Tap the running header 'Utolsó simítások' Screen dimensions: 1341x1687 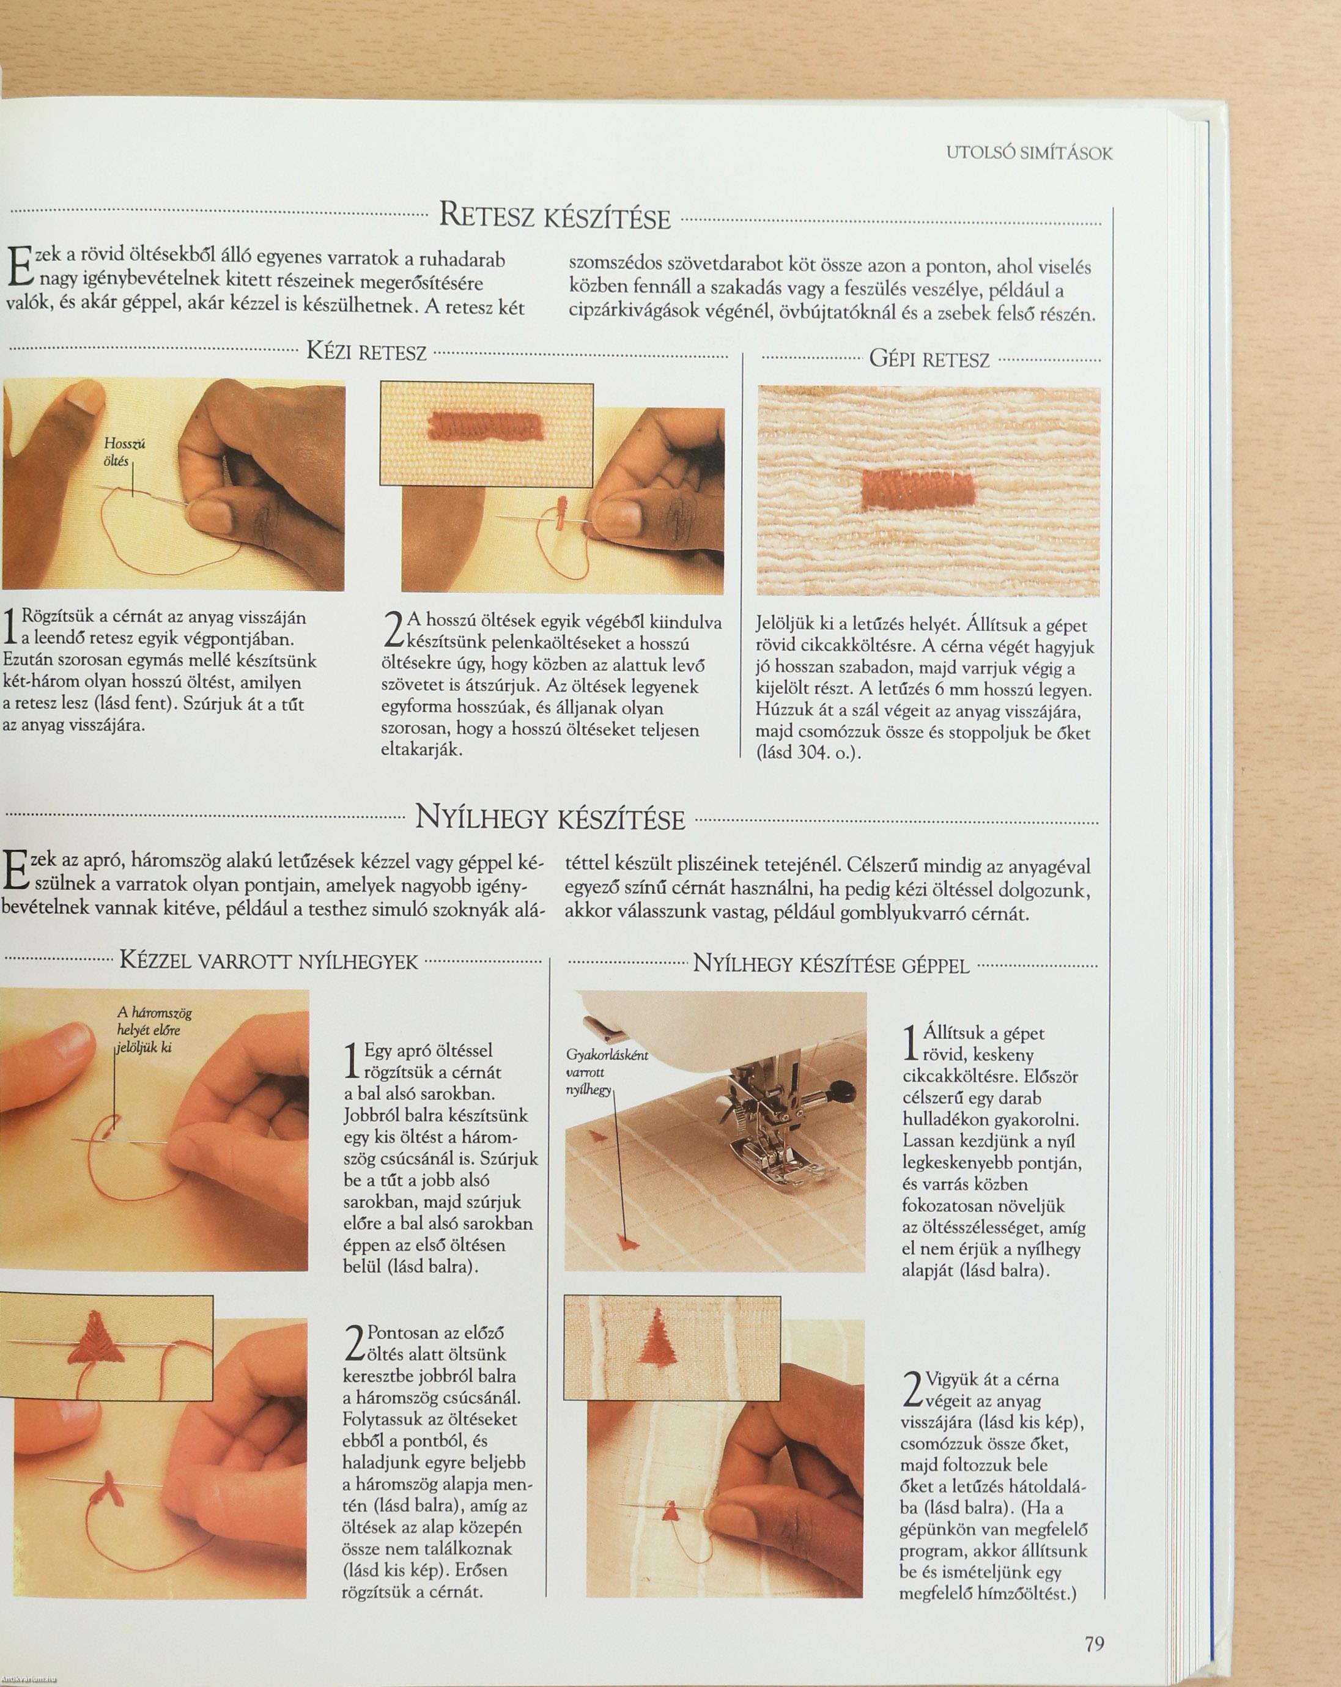(1029, 153)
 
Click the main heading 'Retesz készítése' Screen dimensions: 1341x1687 (555, 215)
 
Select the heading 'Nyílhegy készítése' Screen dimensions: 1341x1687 (550, 819)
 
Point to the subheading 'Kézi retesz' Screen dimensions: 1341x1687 (366, 352)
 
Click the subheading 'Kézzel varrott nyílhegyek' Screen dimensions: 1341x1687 (269, 961)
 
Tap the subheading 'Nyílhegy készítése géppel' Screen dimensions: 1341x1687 (832, 965)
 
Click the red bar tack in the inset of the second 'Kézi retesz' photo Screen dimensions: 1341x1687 (485, 426)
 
